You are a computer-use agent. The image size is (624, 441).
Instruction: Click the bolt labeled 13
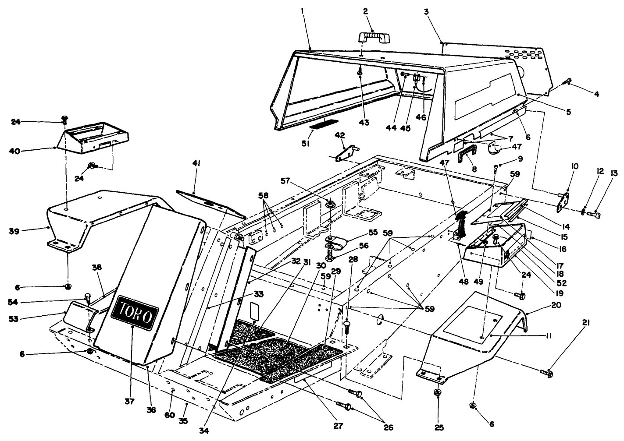(x=593, y=215)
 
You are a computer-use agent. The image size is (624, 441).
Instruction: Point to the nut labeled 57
(x=330, y=204)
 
